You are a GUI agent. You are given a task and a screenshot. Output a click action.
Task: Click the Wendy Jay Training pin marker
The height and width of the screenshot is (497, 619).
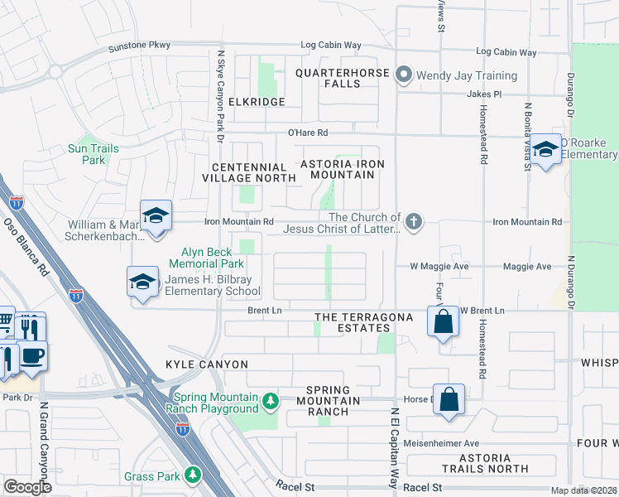click(x=404, y=75)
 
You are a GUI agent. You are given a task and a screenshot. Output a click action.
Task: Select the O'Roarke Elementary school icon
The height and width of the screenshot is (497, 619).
click(x=545, y=150)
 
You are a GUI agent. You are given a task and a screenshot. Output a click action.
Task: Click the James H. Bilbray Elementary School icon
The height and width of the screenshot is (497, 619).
click(x=142, y=282)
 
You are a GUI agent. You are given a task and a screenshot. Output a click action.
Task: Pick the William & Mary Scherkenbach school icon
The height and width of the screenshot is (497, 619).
click(x=155, y=215)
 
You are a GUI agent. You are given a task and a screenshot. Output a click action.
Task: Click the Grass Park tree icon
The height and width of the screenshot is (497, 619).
click(x=192, y=475)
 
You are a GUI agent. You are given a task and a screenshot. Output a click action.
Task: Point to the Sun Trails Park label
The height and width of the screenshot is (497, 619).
click(x=94, y=154)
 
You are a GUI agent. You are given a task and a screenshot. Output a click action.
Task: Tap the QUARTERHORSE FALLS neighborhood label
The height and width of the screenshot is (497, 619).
click(x=340, y=78)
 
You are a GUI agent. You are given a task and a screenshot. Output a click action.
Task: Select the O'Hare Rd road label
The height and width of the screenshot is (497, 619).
click(x=308, y=133)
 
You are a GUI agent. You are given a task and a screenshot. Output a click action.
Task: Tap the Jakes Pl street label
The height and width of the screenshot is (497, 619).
click(x=484, y=94)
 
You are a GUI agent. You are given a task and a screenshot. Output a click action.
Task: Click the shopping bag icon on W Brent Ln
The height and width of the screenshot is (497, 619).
click(x=443, y=321)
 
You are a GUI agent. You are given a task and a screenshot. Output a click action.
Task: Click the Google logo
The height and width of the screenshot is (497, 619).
click(x=27, y=487)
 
